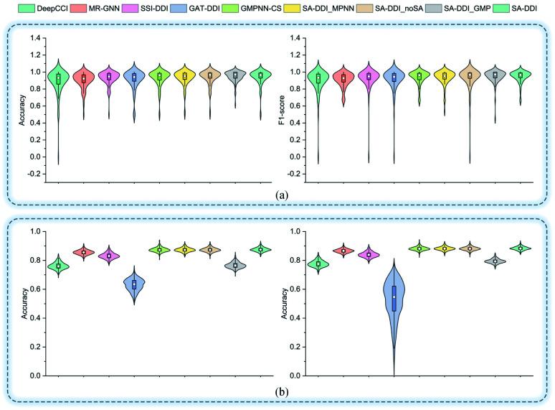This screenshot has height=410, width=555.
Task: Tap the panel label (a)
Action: coord(277,193)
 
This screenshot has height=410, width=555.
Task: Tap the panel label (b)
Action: coord(277,391)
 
